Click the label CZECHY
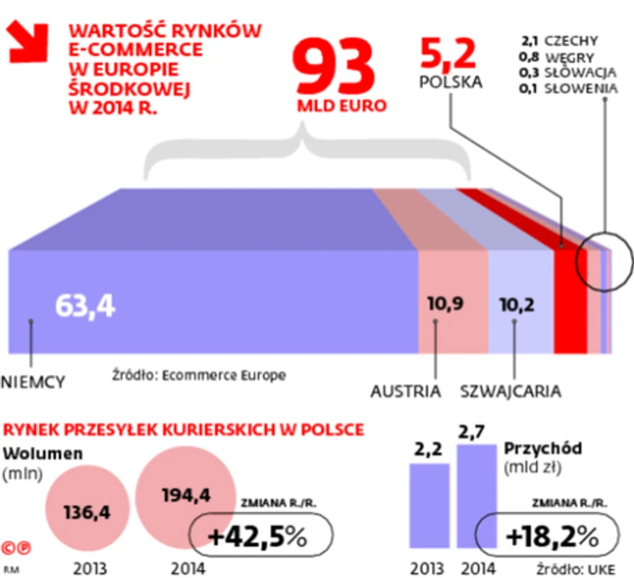click(570, 41)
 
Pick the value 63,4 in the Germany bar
click(85, 306)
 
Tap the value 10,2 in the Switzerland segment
click(517, 302)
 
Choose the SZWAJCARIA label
click(510, 391)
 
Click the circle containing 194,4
click(185, 496)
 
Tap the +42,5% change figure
click(257, 537)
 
